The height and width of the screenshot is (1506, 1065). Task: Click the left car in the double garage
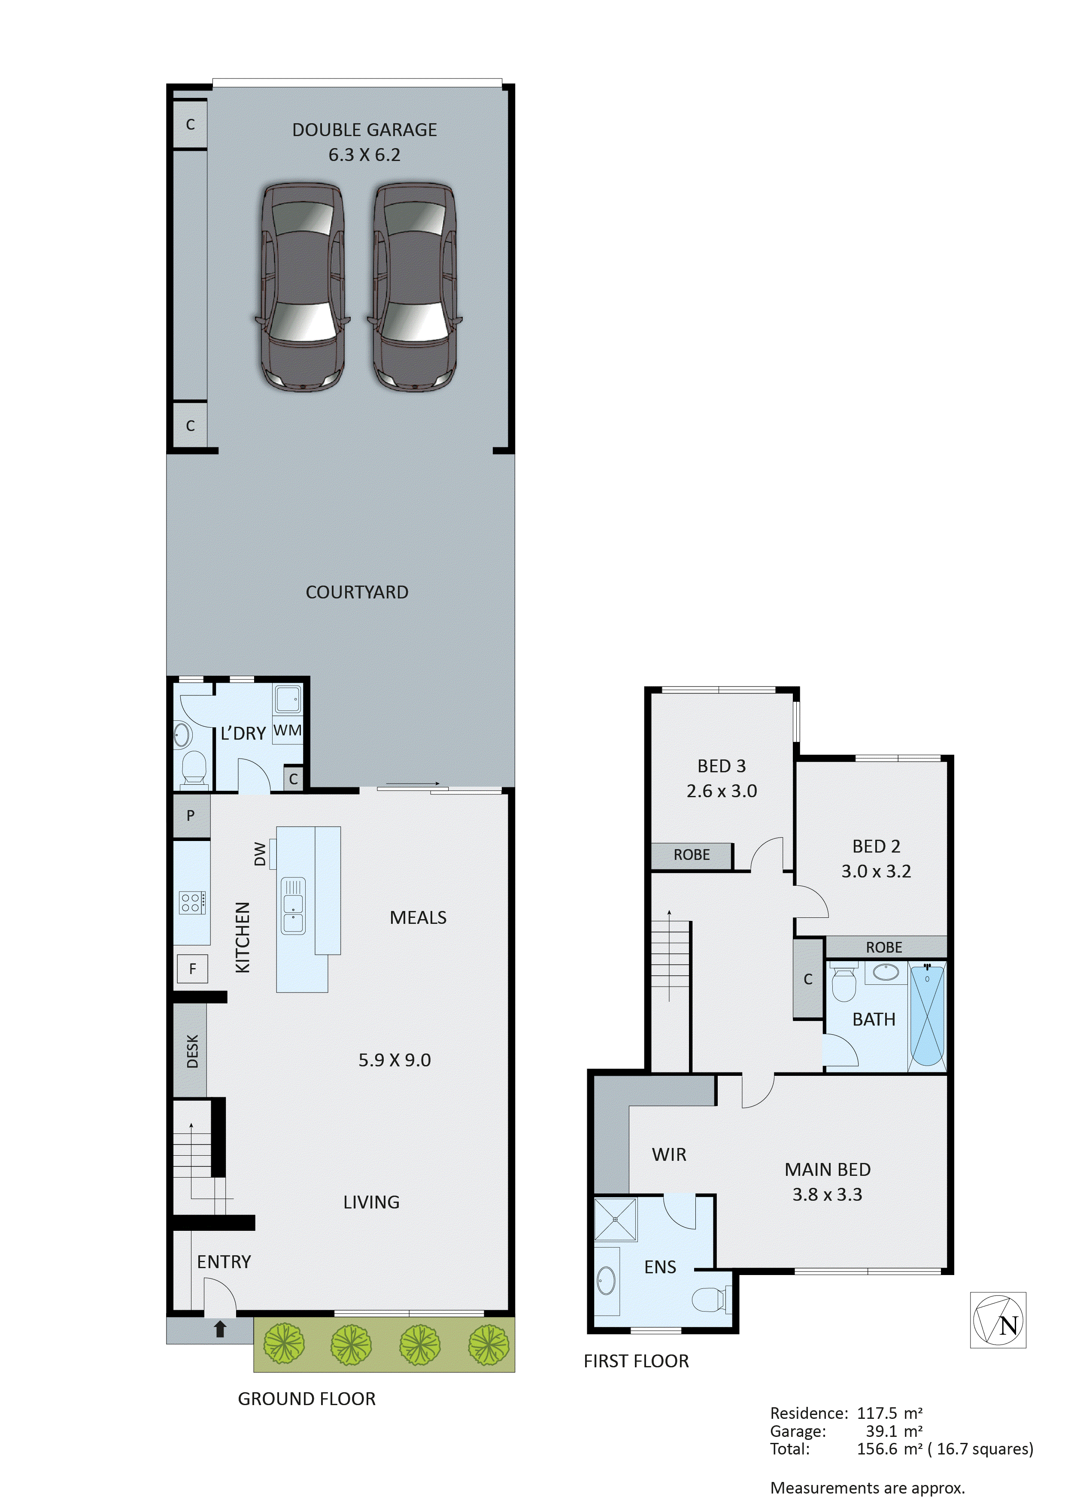click(302, 287)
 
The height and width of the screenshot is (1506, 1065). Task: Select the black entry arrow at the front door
click(220, 1328)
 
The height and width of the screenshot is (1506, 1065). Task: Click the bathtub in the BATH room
click(927, 1015)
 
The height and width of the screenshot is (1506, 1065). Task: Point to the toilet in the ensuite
click(710, 1299)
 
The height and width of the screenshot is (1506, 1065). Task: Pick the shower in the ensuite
click(615, 1219)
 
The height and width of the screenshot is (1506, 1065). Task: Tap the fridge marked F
click(192, 968)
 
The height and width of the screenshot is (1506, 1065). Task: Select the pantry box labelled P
click(191, 815)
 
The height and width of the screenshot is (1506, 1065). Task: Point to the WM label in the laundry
click(287, 730)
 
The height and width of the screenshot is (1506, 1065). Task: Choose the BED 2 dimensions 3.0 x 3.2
click(876, 871)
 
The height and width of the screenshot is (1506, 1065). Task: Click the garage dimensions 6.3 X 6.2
click(364, 155)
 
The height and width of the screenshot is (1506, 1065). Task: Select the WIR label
click(669, 1154)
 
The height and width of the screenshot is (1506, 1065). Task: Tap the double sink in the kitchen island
click(293, 905)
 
